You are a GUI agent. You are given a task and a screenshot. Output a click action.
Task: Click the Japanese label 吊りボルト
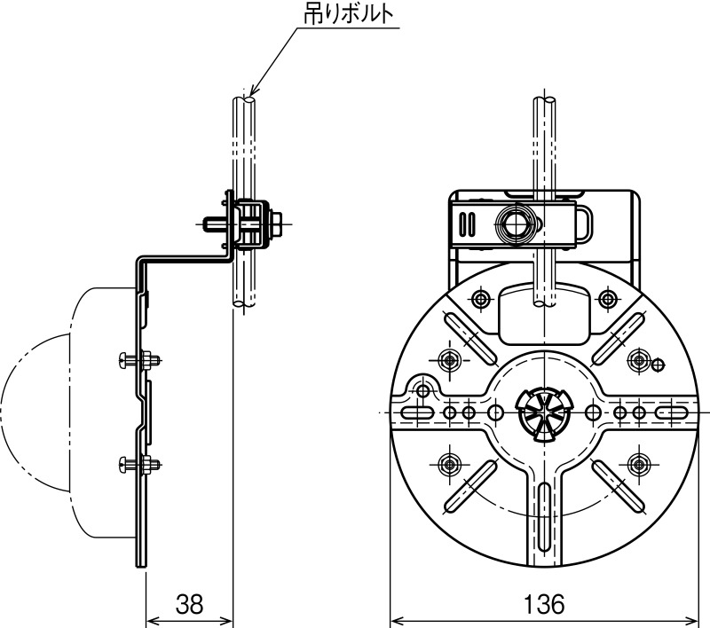click(x=348, y=14)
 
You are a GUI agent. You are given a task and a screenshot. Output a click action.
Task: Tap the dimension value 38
click(x=190, y=603)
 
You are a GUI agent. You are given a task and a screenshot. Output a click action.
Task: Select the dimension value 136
click(x=544, y=603)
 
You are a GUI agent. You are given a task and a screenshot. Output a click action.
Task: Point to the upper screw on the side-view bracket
click(x=139, y=361)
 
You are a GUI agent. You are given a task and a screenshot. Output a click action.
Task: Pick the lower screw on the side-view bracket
click(x=139, y=464)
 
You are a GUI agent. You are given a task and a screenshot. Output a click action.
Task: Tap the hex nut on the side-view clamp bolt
click(x=275, y=224)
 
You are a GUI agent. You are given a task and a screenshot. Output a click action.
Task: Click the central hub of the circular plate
click(x=542, y=412)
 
